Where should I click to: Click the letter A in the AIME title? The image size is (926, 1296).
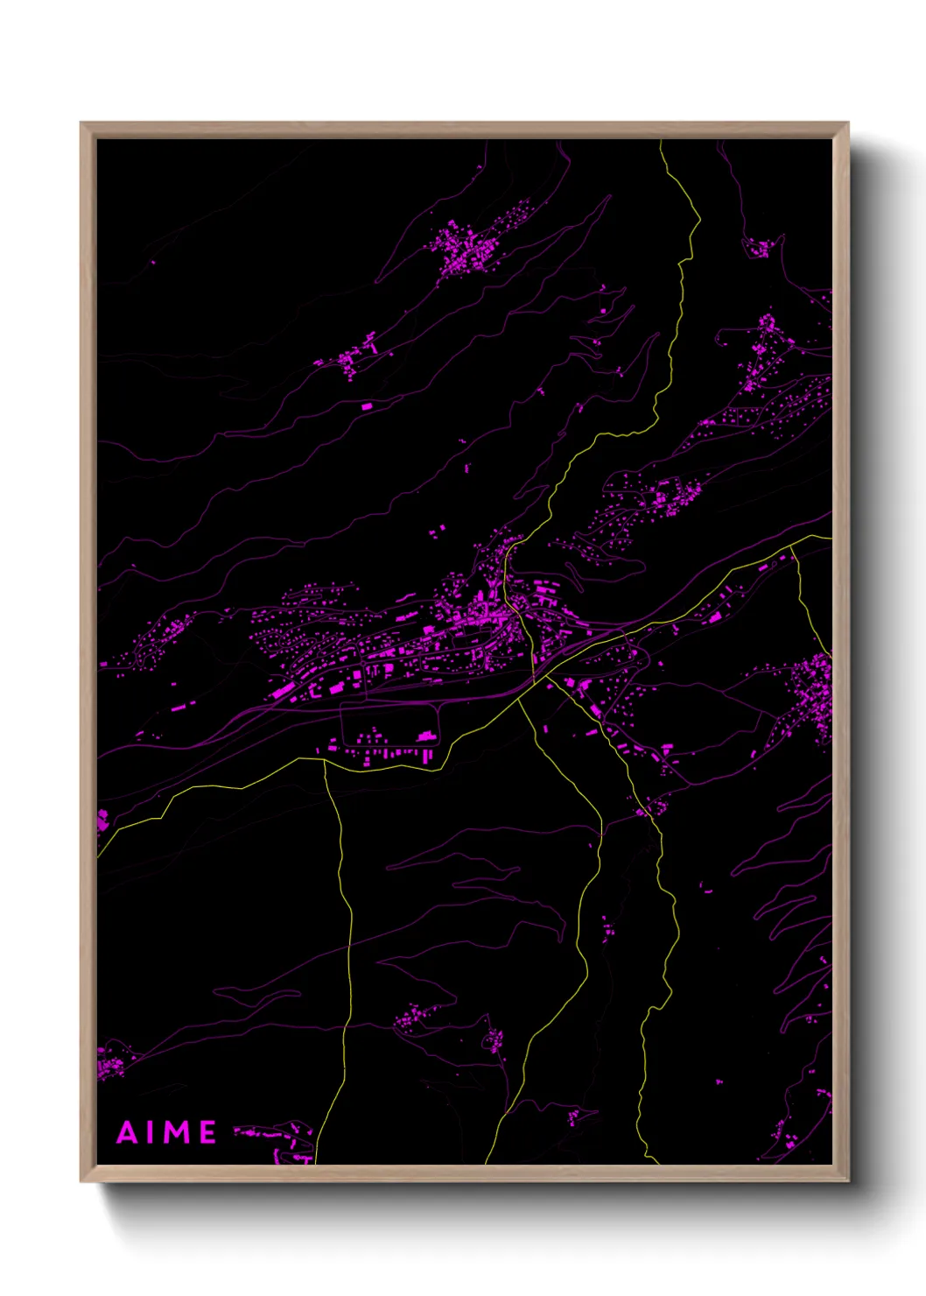click(x=128, y=1132)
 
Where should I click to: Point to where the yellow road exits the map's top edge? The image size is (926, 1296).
click(x=661, y=141)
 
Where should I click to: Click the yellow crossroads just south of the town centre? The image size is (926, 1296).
click(x=533, y=682)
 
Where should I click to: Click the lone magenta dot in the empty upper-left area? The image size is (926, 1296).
click(x=153, y=261)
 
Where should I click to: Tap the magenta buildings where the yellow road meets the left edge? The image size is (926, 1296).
click(x=102, y=821)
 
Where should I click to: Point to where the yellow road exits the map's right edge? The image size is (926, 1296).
click(x=830, y=537)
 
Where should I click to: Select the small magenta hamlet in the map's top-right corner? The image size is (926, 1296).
click(x=761, y=247)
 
